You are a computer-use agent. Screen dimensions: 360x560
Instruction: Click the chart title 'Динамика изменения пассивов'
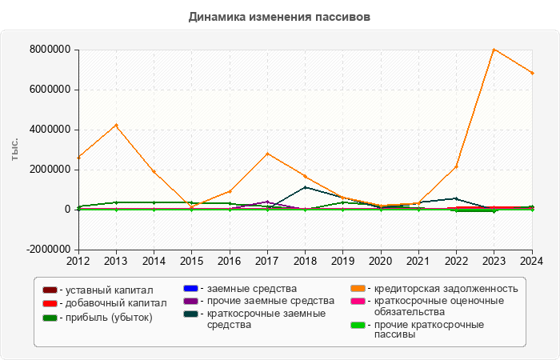point(279,17)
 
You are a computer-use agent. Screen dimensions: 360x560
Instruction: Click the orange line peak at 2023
point(494,50)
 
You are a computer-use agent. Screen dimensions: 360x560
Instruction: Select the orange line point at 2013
point(116,126)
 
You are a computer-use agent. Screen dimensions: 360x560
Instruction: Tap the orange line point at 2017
point(267,154)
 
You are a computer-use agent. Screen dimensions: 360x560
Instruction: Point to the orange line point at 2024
point(532,73)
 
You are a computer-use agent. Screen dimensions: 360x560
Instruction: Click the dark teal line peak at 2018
point(305,187)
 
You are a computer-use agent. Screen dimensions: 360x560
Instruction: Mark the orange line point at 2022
point(456,166)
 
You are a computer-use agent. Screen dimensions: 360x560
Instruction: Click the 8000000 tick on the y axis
point(50,50)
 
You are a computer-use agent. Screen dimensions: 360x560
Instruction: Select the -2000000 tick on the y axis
point(48,250)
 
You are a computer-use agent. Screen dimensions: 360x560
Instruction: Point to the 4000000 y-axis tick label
point(50,130)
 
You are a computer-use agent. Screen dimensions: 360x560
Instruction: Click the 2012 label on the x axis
point(78,261)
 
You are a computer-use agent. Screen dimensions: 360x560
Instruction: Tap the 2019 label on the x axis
point(343,261)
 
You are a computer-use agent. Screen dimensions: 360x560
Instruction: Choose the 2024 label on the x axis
point(532,261)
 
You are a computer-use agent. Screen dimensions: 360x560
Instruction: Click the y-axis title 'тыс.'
point(14,150)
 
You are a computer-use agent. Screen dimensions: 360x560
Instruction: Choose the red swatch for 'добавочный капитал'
point(50,303)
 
